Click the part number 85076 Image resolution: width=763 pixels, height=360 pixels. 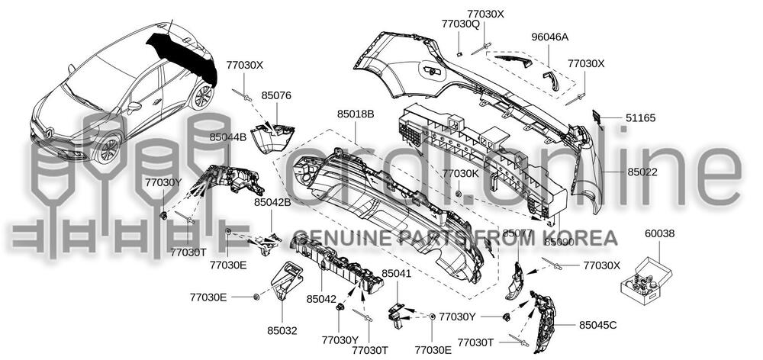[276, 96]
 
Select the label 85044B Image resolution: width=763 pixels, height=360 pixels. [228, 137]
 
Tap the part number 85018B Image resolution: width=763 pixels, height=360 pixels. [356, 114]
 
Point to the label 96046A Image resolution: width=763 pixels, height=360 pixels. [550, 37]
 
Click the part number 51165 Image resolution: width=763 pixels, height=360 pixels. [641, 118]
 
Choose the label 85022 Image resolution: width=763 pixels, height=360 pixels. [642, 173]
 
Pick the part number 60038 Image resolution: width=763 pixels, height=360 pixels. [659, 233]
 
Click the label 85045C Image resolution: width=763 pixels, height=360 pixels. [597, 326]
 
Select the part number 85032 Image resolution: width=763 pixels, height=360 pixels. [282, 331]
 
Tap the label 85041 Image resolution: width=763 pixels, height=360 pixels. [396, 273]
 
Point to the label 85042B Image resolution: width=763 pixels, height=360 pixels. [272, 203]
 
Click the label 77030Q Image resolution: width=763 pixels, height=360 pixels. [460, 24]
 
